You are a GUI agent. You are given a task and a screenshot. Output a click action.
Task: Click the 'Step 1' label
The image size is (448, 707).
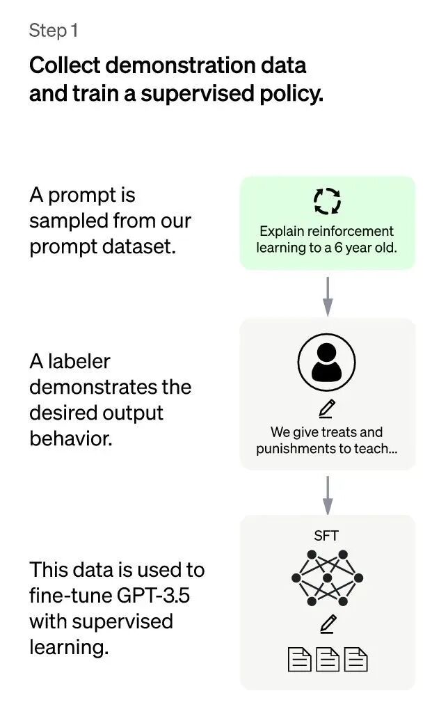(54, 31)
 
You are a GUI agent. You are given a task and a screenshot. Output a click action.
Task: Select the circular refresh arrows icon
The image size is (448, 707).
(327, 201)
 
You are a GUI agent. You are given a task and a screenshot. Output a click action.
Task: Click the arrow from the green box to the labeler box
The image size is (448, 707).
(328, 295)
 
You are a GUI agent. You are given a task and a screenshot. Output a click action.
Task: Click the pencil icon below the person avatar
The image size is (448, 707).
(327, 408)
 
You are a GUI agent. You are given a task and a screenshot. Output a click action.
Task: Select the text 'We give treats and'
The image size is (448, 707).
(327, 432)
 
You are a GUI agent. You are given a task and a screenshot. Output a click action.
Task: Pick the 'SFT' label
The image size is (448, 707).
(327, 535)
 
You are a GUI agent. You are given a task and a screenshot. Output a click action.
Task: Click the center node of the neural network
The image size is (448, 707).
(327, 578)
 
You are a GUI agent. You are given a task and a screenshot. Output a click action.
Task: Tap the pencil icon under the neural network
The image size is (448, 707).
(327, 624)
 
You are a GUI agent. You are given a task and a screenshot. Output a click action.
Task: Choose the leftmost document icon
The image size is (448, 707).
(299, 659)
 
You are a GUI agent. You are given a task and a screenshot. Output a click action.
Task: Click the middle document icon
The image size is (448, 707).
(327, 659)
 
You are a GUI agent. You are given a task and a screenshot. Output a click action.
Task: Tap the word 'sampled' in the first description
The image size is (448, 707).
(67, 221)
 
